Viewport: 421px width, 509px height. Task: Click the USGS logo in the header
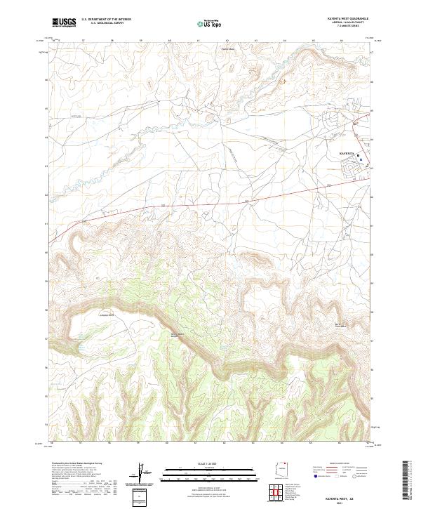64,23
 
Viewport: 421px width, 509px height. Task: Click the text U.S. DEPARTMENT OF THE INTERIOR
106,20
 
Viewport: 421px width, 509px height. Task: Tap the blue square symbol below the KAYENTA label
361,161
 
